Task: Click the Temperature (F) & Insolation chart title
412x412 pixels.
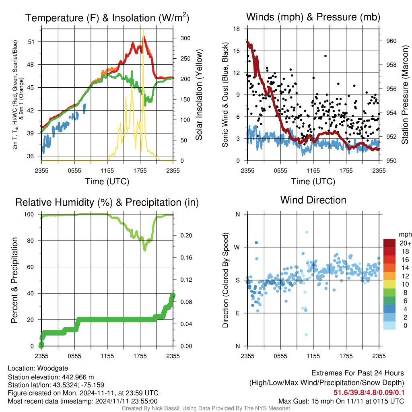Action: [x=107, y=18]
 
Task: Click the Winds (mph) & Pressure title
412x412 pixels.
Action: [x=313, y=17]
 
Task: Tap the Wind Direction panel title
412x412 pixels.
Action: [x=313, y=200]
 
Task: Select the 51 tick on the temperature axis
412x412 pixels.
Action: [x=31, y=42]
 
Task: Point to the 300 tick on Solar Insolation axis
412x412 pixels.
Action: [x=185, y=38]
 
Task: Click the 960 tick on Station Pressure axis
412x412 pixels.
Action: [x=391, y=41]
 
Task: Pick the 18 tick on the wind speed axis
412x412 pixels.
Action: [x=237, y=29]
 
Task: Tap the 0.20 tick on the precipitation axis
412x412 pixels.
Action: [x=186, y=235]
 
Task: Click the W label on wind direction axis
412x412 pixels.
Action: [x=237, y=247]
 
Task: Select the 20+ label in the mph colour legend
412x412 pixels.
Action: [x=405, y=243]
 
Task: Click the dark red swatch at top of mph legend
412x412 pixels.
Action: [x=389, y=243]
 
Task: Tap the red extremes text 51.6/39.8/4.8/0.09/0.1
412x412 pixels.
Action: [x=369, y=393]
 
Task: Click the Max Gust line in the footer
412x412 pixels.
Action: [x=341, y=401]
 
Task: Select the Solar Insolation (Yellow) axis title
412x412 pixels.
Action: [x=199, y=95]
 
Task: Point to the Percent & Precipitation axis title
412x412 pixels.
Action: [x=14, y=280]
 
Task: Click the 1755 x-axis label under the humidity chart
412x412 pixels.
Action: [x=140, y=356]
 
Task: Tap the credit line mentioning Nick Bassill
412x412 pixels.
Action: [x=206, y=408]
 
